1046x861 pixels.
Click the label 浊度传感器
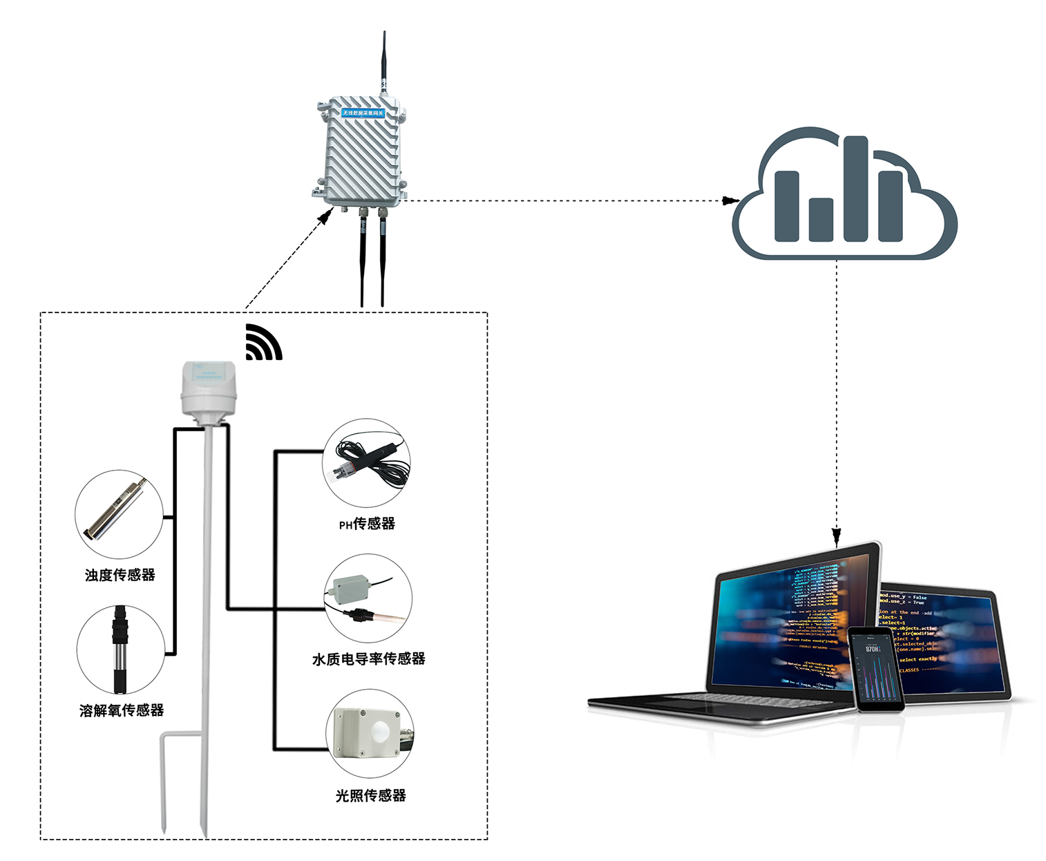coord(120,575)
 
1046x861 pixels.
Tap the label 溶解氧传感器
coord(122,710)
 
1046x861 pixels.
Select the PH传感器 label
coord(367,524)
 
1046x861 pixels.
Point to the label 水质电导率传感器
coord(368,659)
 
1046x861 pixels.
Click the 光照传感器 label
coord(370,796)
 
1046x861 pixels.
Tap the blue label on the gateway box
coord(363,113)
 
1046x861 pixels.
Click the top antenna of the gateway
coord(384,59)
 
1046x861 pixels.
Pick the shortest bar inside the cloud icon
coord(821,219)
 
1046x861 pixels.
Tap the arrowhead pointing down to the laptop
coord(837,536)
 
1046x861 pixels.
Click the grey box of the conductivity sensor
coord(351,588)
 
